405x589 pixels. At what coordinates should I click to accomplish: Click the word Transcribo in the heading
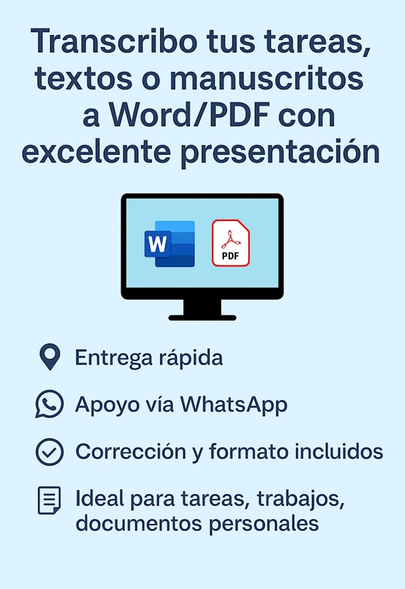click(114, 40)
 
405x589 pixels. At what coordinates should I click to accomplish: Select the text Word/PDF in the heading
click(190, 115)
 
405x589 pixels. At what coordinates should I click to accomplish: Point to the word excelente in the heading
click(96, 152)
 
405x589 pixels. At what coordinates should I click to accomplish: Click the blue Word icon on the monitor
click(170, 244)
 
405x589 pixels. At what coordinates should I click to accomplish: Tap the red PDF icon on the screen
click(230, 243)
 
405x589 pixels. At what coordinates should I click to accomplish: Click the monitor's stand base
click(202, 318)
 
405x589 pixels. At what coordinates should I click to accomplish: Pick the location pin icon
click(50, 357)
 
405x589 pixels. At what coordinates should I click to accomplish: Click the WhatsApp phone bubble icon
click(49, 404)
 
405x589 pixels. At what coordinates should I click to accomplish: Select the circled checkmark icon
click(49, 452)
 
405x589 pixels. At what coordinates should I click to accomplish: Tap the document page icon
click(49, 500)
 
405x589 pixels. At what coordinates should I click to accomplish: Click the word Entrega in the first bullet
click(114, 358)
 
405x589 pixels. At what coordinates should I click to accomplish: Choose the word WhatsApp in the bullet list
click(233, 405)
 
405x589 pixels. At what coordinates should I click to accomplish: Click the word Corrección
click(131, 451)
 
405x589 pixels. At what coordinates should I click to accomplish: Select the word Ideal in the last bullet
click(99, 499)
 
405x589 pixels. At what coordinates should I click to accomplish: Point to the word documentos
click(139, 523)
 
